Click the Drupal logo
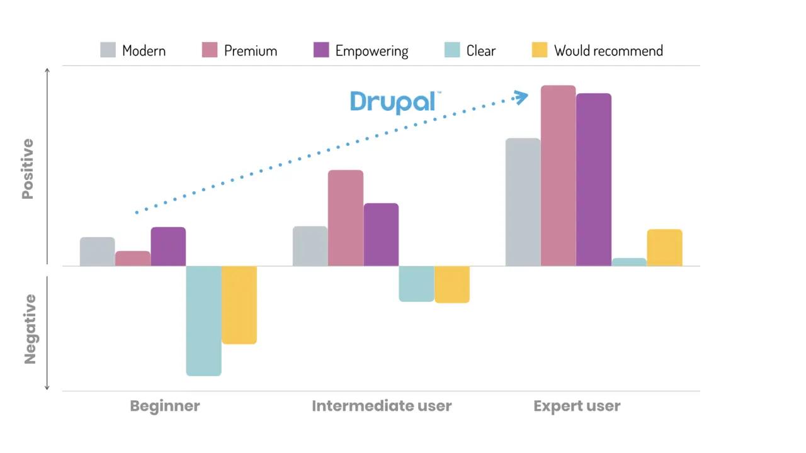393,102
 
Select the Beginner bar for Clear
203,320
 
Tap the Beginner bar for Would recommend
239,305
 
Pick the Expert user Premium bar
558,176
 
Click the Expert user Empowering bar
593,179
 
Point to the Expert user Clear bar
629,262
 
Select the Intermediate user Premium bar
345,218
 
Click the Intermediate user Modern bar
310,246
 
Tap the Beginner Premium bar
133,258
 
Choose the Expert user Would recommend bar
664,247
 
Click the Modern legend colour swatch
108,50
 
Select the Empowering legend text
372,51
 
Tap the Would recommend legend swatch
540,50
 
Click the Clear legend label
480,51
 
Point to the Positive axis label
28,169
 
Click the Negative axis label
30,328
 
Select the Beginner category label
164,406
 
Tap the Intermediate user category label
382,406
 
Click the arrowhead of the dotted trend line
521,97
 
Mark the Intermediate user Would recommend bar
451,284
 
